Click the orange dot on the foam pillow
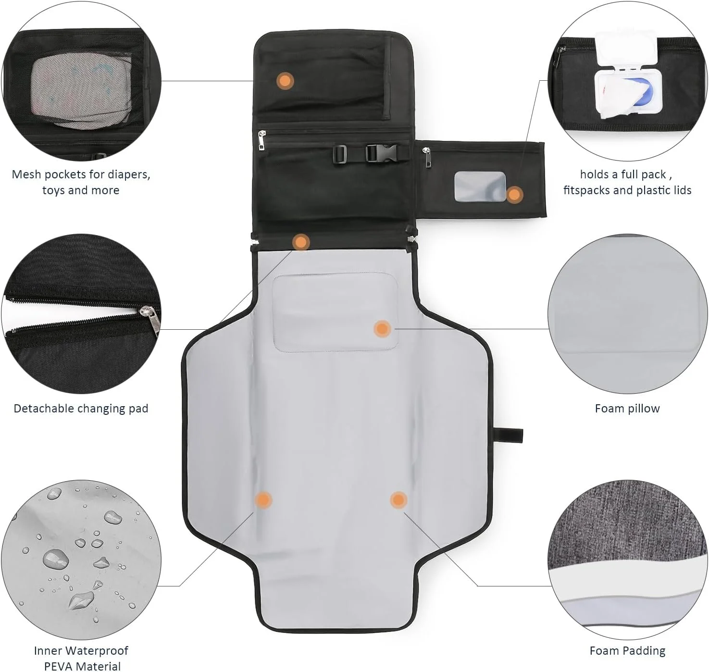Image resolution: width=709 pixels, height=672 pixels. coord(382,329)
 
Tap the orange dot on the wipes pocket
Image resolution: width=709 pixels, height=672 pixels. coord(515,194)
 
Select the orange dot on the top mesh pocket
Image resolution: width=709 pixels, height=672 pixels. coord(285,81)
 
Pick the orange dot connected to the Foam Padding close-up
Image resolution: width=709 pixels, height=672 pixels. coord(398,500)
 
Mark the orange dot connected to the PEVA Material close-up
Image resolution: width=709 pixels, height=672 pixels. coord(263,500)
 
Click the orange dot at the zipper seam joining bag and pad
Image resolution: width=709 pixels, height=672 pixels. coord(301,242)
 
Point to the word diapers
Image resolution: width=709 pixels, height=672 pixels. coord(129,175)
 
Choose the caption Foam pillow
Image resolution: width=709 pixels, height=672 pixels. coord(627,408)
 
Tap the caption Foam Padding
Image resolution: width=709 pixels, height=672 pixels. coord(627,650)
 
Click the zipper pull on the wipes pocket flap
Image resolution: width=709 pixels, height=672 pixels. coord(427,157)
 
